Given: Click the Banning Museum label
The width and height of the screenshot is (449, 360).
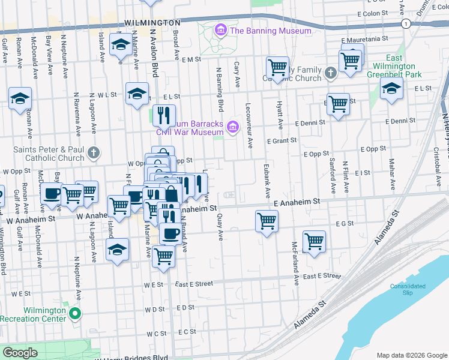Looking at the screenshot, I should point(271,31).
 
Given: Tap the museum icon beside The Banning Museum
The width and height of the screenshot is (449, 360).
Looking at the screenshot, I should point(221,30).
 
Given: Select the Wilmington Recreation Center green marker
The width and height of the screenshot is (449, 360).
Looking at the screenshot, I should point(74,314).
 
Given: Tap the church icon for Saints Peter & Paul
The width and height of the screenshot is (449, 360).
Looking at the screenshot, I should point(93,153).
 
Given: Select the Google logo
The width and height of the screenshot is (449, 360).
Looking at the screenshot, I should point(20,353).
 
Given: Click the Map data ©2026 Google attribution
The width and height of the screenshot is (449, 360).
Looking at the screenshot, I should point(412,355).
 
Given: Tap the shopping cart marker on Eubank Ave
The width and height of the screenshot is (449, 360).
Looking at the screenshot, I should point(267,221).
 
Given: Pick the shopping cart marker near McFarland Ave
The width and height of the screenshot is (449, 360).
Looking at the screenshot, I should point(314,241).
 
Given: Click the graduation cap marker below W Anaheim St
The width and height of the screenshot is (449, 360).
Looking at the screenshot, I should point(118,250).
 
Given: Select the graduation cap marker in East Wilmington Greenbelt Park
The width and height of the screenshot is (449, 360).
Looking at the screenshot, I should point(391,89).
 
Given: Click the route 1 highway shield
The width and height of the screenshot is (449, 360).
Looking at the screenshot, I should point(406,23).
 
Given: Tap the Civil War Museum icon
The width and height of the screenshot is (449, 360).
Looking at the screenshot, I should point(232,127).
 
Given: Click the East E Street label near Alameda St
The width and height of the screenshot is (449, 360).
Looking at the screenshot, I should point(322,277).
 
